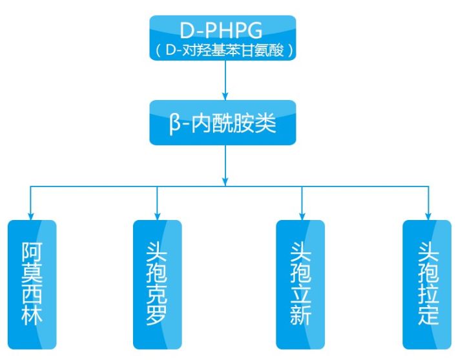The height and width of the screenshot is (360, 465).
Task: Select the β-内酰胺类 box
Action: point(223,123)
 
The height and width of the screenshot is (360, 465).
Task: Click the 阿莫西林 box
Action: point(32,284)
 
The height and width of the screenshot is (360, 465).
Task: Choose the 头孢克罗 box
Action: point(158,284)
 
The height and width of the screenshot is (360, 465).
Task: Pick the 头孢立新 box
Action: point(300,284)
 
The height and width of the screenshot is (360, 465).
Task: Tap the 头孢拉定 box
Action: point(427,284)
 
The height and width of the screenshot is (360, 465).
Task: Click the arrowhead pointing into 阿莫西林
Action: point(32,215)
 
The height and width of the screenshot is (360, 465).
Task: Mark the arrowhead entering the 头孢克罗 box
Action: point(157,215)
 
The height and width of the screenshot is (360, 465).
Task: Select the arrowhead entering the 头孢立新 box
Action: point(300,215)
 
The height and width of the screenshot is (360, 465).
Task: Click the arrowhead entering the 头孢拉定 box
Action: point(427,215)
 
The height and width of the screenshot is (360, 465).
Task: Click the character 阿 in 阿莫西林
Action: point(32,249)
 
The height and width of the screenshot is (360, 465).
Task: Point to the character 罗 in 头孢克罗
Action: point(158,316)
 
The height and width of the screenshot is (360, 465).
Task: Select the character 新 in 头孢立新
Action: point(300,315)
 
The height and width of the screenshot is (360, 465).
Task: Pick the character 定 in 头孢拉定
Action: point(427,315)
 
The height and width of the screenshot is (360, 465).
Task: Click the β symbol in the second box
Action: point(176,123)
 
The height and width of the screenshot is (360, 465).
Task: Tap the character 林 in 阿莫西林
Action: point(32,316)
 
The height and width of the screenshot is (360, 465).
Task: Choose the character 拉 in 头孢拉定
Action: point(427,294)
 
